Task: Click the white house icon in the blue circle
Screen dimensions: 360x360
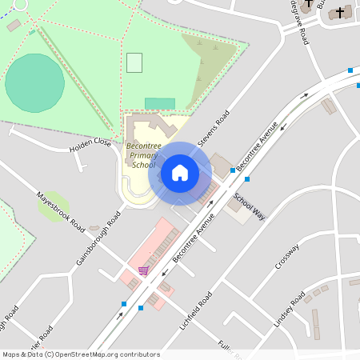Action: [x=180, y=173]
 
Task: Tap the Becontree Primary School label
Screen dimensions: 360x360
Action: [x=142, y=155]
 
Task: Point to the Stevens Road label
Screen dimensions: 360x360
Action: [x=213, y=128]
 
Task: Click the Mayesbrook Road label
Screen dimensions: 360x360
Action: [x=61, y=210]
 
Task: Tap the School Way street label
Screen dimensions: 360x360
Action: [x=249, y=206]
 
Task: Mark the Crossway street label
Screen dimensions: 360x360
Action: [x=286, y=256]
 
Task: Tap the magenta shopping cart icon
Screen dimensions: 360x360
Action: [x=143, y=271]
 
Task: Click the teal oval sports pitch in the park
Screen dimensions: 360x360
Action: [x=35, y=82]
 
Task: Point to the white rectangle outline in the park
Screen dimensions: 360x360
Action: [x=134, y=62]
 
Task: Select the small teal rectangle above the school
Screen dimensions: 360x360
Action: [x=160, y=104]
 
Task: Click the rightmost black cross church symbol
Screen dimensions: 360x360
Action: [x=340, y=12]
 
